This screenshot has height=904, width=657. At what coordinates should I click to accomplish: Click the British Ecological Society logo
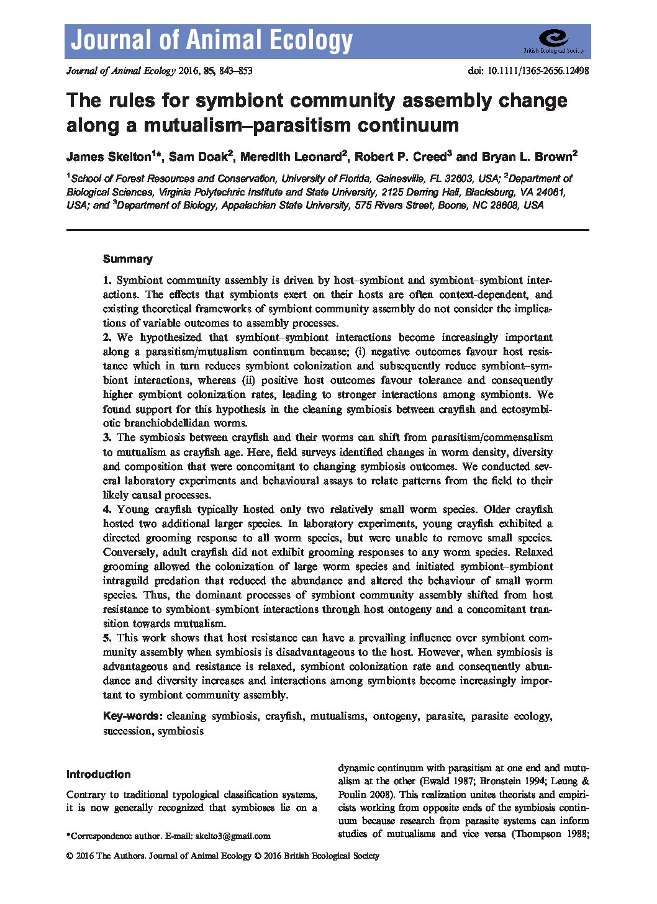point(554,41)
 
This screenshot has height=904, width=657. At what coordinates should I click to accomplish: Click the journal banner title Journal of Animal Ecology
point(212,41)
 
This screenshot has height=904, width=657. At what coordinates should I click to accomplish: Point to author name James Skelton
point(109,156)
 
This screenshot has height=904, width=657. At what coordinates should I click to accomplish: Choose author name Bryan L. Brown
point(525,156)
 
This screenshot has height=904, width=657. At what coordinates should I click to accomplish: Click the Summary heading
point(127,259)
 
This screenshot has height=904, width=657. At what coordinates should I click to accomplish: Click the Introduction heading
point(98,774)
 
